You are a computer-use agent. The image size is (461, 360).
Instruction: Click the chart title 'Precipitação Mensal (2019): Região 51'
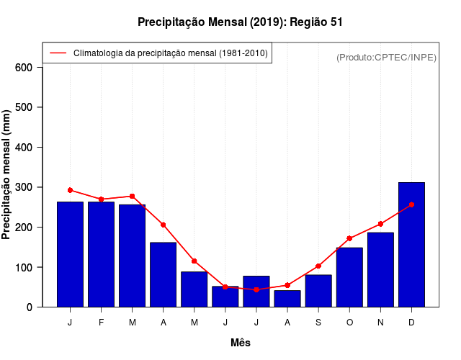pos(240,22)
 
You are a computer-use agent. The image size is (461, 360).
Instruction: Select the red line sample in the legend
pos(58,53)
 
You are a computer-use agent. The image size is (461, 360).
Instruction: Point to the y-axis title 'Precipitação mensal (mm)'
pos(6,175)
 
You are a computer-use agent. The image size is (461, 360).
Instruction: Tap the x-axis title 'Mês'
pos(241,343)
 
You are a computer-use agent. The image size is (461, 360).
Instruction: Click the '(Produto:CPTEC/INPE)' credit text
pos(386,58)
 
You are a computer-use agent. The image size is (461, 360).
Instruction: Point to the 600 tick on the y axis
pos(24,68)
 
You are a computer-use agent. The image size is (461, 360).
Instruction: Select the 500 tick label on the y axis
pos(24,107)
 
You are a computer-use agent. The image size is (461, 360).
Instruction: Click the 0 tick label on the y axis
pos(30,307)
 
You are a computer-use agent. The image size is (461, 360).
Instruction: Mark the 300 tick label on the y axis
pos(24,187)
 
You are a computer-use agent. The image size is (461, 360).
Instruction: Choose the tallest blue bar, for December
pos(411,245)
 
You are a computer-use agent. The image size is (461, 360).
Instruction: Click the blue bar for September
pos(318,291)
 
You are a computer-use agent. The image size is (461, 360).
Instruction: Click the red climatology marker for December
pos(411,204)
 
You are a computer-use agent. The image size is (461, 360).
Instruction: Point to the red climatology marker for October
pos(349,238)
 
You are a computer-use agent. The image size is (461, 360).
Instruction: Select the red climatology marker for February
pos(101,199)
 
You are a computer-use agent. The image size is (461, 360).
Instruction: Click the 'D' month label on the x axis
pos(411,322)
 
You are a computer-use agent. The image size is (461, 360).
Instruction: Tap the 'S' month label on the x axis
pos(318,322)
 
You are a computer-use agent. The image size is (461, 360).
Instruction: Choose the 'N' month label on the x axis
pos(380,322)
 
